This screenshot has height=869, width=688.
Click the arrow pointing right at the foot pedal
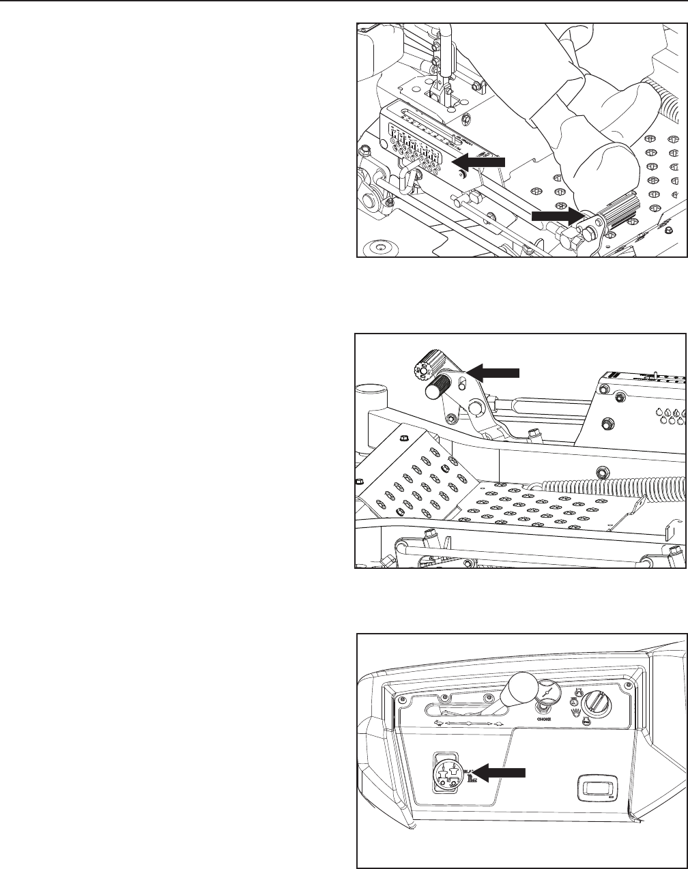(556, 216)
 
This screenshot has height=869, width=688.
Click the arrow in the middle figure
(496, 372)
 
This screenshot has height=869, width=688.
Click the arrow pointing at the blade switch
(502, 771)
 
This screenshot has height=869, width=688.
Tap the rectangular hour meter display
(594, 789)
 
